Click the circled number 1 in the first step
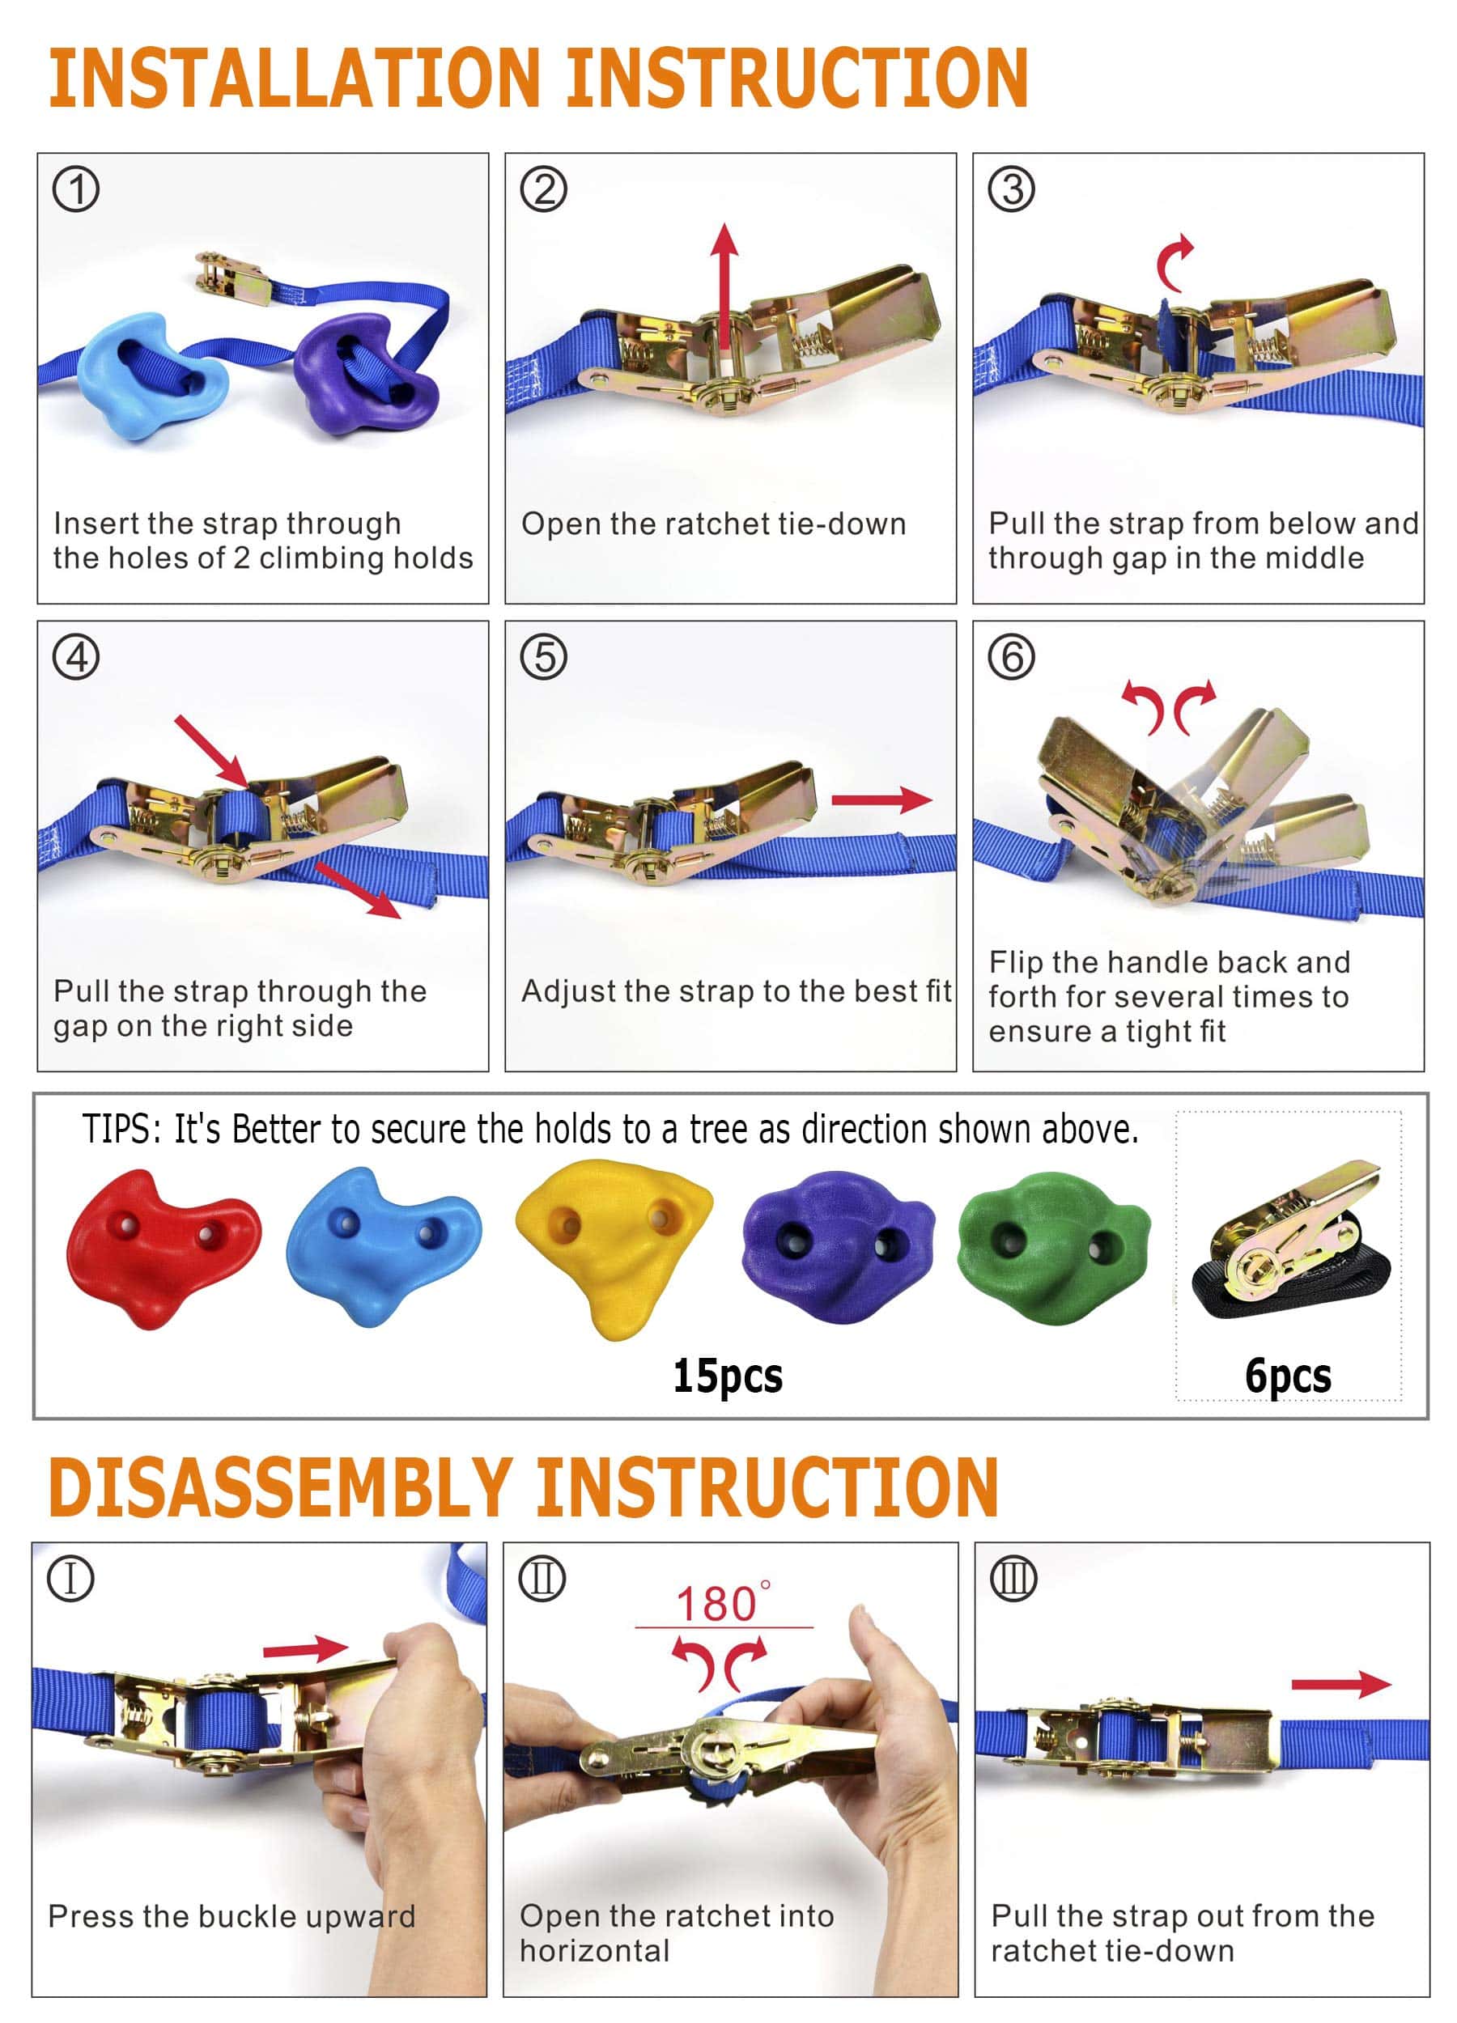(76, 189)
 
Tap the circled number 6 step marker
(1011, 657)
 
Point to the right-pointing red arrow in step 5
(881, 799)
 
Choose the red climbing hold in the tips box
(164, 1249)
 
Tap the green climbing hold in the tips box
(1053, 1247)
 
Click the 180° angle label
(723, 1603)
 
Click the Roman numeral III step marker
(1013, 1579)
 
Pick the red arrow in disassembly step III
(1341, 1683)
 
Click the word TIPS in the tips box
(121, 1130)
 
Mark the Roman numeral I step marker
(70, 1579)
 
